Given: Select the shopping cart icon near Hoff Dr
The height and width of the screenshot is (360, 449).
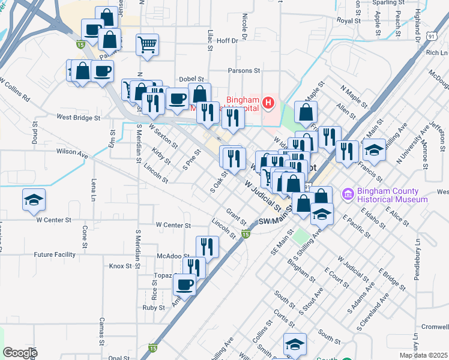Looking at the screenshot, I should [x=147, y=44].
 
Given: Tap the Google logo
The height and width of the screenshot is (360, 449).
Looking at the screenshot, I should [x=20, y=353].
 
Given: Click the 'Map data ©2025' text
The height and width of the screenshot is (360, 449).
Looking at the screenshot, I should [x=423, y=355].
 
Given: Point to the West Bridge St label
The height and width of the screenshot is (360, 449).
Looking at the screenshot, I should [x=79, y=118].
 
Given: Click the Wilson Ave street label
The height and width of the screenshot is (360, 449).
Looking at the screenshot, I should [x=72, y=152].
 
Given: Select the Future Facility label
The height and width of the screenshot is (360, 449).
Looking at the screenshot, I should [x=55, y=254].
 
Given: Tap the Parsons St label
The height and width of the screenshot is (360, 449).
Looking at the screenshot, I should [x=244, y=70].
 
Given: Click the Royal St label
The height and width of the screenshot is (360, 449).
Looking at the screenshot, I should [x=348, y=20].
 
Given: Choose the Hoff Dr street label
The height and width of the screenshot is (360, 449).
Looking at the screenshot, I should [x=228, y=41].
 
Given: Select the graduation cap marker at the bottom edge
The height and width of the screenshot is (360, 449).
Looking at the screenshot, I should [x=295, y=344].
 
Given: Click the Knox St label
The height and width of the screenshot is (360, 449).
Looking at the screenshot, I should [x=120, y=266].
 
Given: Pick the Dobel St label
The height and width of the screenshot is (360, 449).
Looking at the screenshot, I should [x=191, y=79].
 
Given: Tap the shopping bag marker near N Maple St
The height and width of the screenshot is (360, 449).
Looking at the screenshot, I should [x=306, y=112].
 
